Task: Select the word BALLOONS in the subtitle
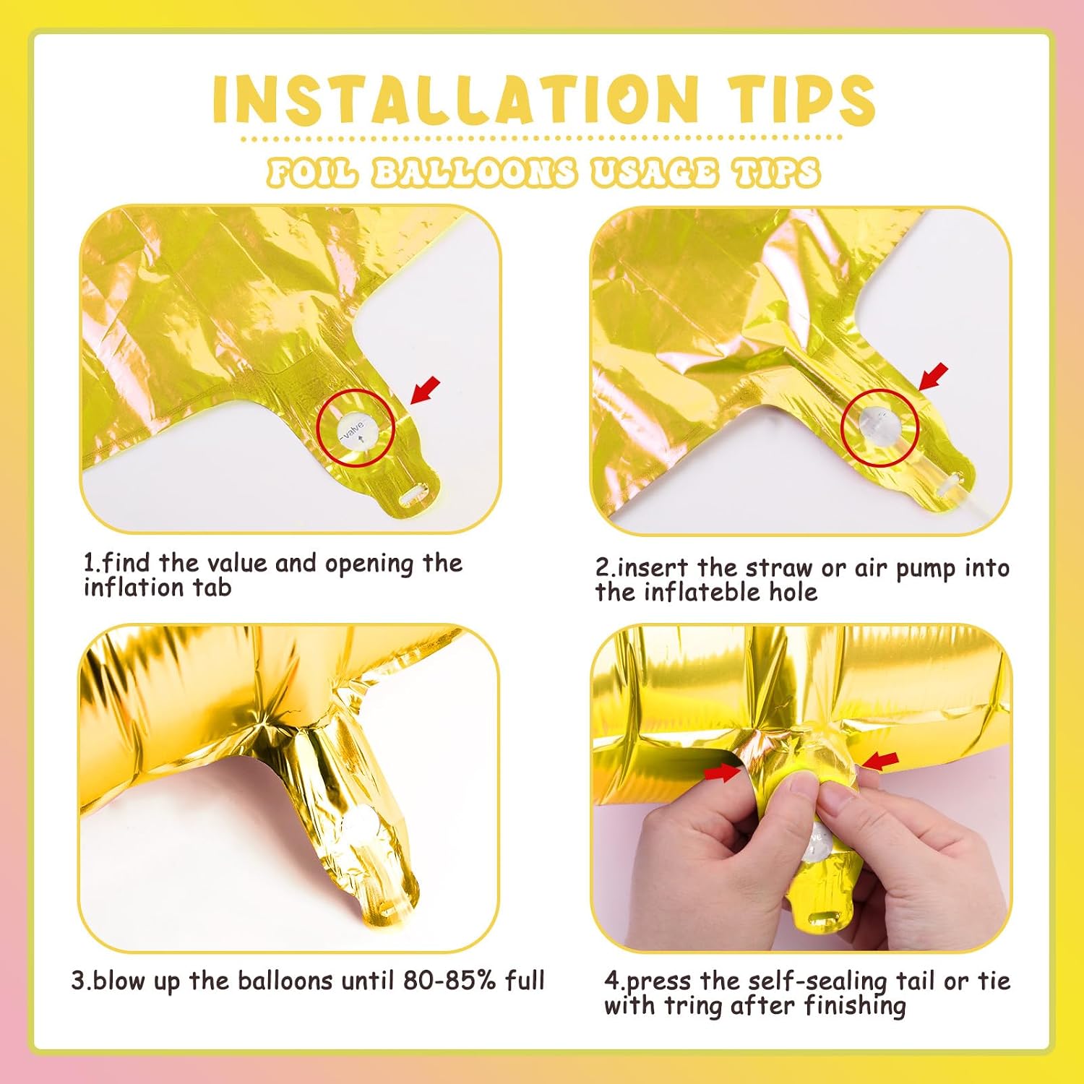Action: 474,173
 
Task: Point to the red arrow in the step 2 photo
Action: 933,377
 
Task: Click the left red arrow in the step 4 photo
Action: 723,773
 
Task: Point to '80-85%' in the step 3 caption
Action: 450,981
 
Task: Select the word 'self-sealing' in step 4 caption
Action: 817,982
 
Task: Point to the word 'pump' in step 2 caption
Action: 926,569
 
